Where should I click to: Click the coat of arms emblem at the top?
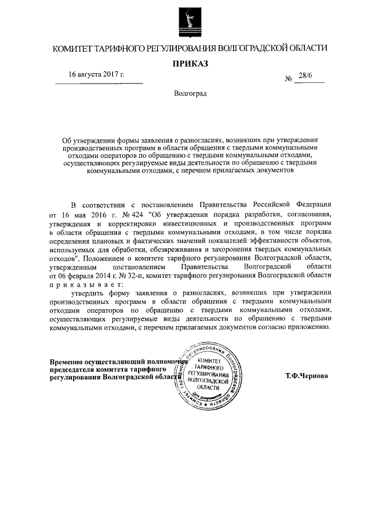click(190, 21)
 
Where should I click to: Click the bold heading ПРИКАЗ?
click(190, 63)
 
